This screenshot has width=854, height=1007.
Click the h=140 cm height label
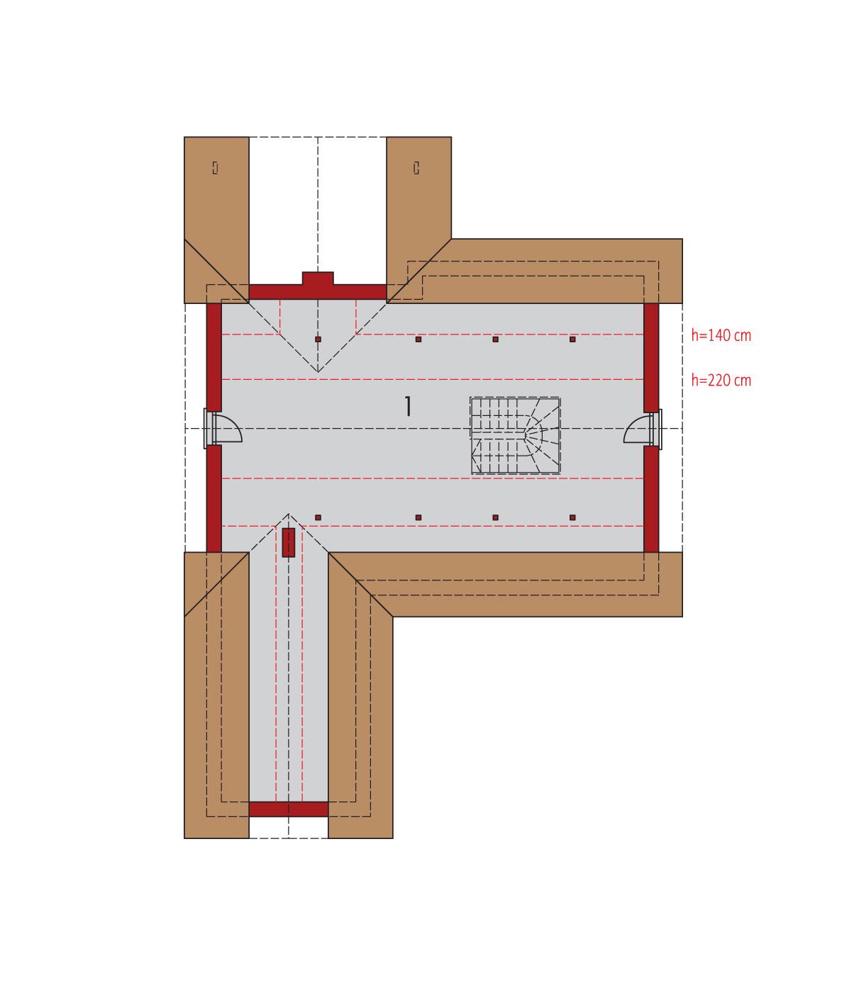tap(721, 335)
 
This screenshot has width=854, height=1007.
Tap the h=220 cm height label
tap(721, 381)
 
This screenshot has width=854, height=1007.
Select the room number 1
tap(408, 407)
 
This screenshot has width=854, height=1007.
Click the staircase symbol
tap(516, 435)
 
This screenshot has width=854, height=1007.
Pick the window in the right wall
tap(658, 429)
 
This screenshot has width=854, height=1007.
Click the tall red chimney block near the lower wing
tap(288, 542)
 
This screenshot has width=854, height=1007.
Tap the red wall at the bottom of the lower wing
tap(288, 809)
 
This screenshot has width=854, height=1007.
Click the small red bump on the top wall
tap(318, 278)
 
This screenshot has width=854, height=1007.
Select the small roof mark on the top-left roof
tap(215, 167)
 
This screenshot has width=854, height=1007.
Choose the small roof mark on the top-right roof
tap(416, 167)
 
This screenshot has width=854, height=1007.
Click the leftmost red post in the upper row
tap(318, 339)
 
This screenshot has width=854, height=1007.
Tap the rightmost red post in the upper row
tap(572, 339)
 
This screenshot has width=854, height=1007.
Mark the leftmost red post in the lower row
tap(318, 517)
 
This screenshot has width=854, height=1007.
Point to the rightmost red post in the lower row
tap(572, 517)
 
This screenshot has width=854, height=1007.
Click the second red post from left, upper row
tap(418, 339)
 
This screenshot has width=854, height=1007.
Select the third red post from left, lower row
tap(495, 517)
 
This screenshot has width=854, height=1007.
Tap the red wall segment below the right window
tap(651, 498)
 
